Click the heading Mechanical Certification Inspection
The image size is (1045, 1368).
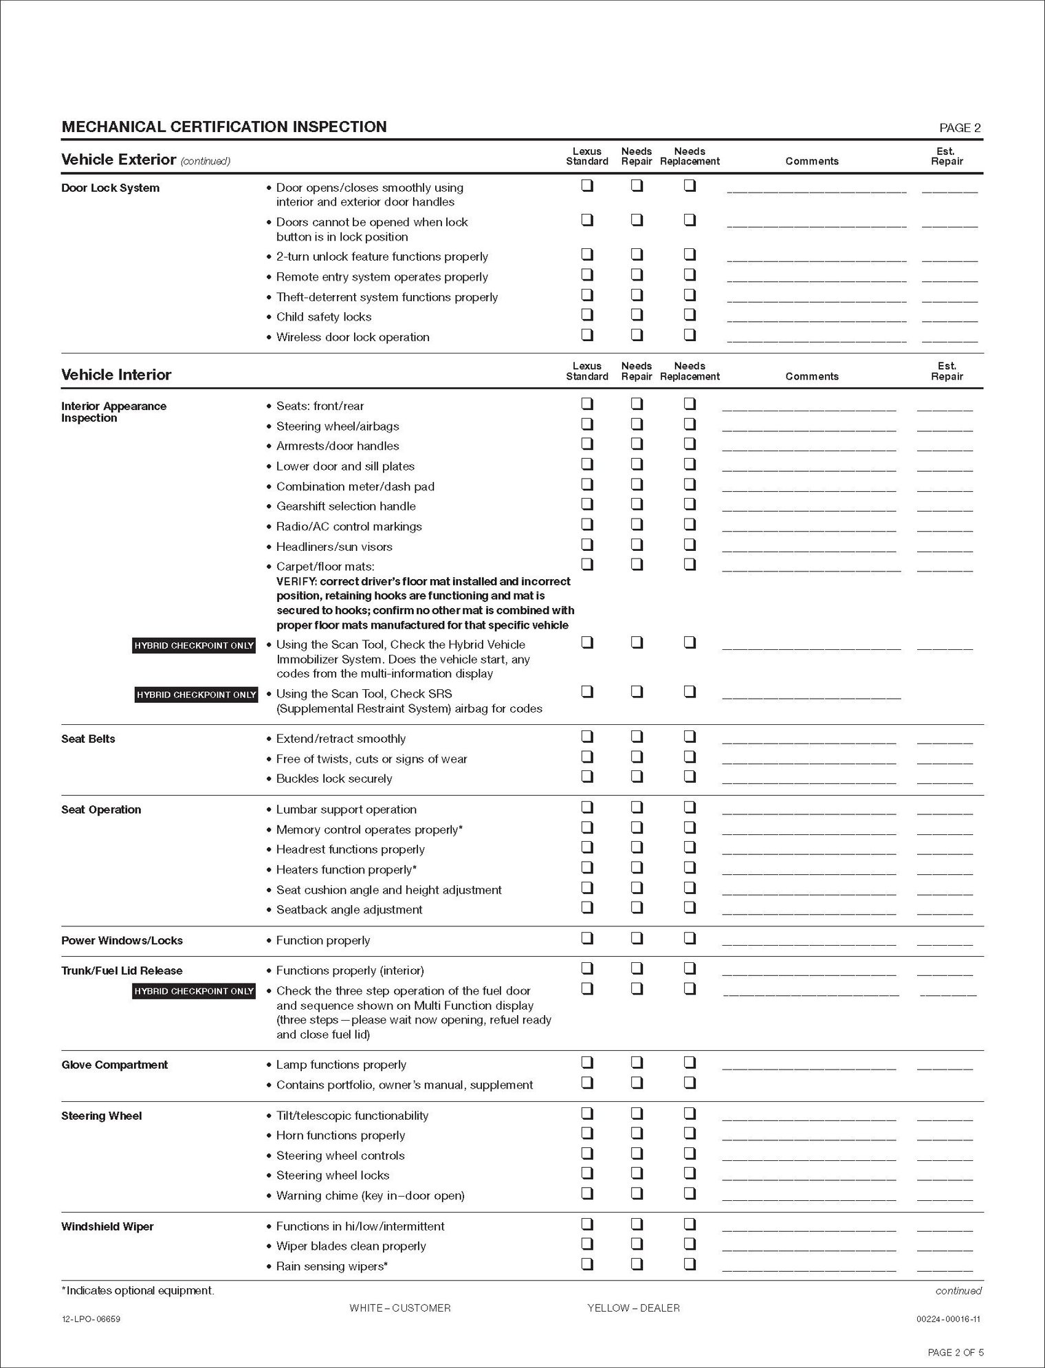(224, 127)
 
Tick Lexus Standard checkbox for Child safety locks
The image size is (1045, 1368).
(587, 315)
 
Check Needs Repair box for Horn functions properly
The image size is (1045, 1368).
(637, 1133)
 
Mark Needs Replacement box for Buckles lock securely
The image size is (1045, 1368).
(690, 777)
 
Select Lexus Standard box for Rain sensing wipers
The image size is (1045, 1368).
(587, 1263)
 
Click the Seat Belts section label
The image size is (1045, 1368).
(88, 739)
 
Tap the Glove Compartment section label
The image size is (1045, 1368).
(114, 1065)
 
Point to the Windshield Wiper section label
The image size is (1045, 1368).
(107, 1226)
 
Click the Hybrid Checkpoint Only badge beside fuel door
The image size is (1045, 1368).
(195, 991)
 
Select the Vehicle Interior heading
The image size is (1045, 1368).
(116, 375)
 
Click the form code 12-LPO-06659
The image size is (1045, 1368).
(91, 1318)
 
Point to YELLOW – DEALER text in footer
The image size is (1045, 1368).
(633, 1307)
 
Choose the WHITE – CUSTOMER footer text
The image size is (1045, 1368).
(400, 1307)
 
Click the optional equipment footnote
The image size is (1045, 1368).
(137, 1290)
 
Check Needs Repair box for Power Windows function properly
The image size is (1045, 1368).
(637, 938)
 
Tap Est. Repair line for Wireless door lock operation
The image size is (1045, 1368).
(949, 340)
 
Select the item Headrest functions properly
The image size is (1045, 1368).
(350, 849)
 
